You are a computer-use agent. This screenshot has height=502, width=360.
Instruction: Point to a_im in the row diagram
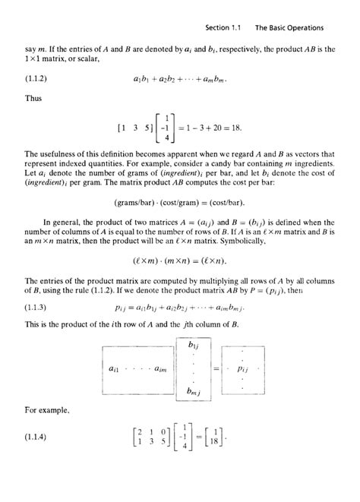pyautogui.click(x=159, y=368)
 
